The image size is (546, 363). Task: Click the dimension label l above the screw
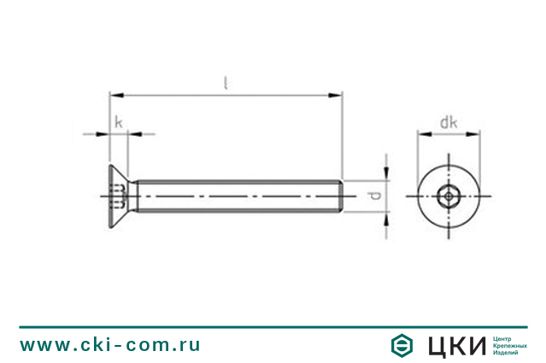pos(226,83)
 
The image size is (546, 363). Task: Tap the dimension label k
pos(119,122)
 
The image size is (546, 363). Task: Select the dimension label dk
pos(449,122)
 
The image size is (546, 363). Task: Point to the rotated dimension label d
pos(374,196)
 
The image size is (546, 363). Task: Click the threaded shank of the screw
pos(239,196)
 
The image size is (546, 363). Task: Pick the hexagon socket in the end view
pos(449,196)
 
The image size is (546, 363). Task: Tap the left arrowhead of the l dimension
pos(116,95)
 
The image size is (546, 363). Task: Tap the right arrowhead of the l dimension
pos(335,95)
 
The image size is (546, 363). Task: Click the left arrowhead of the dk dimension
pos(425,134)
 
